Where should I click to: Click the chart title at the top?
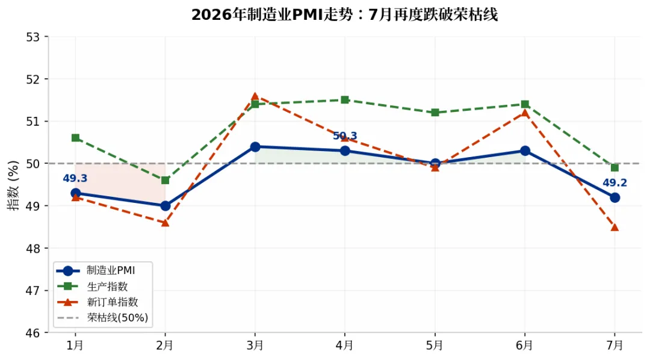[x=344, y=15]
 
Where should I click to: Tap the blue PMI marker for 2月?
[x=166, y=206]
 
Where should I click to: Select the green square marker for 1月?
[x=75, y=138]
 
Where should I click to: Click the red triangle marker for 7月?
[x=614, y=228]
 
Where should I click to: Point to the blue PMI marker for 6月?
[x=525, y=151]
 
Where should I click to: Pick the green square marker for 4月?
[x=345, y=100]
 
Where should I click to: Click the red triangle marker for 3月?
[x=255, y=96]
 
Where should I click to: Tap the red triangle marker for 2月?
[x=166, y=223]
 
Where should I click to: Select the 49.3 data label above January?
[x=75, y=178]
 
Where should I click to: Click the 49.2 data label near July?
[x=614, y=182]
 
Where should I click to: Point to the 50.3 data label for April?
[x=345, y=135]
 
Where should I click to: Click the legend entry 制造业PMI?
[x=111, y=270]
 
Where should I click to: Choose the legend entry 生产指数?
[x=107, y=286]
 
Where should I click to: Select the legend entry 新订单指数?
[x=113, y=302]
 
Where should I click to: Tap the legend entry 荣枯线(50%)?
[x=117, y=318]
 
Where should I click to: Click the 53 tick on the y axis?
[x=32, y=37]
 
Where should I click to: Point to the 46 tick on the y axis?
[x=32, y=333]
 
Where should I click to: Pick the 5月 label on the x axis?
[x=435, y=345]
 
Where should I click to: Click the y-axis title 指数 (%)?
[x=13, y=185]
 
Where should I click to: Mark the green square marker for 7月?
[x=614, y=167]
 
